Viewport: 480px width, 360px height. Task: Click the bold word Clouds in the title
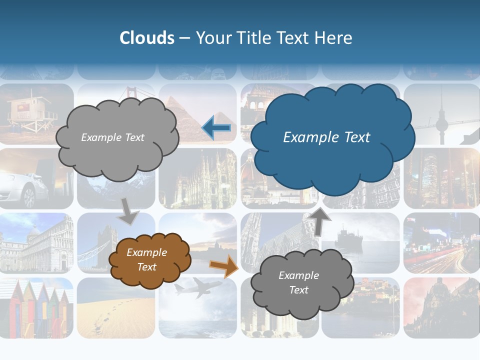(x=147, y=38)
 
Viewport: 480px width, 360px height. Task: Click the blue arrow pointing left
(x=216, y=128)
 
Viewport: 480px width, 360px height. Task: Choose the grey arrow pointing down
(x=128, y=212)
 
